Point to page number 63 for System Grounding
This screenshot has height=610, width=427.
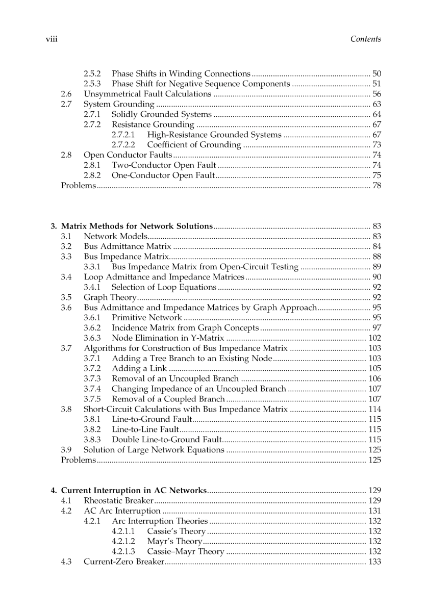pyautogui.click(x=377, y=104)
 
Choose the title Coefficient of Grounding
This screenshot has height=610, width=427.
pyautogui.click(x=194, y=145)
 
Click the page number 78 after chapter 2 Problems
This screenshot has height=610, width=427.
pyautogui.click(x=377, y=186)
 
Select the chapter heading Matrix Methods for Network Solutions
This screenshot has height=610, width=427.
pyautogui.click(x=137, y=226)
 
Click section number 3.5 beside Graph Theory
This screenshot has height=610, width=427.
pyautogui.click(x=66, y=297)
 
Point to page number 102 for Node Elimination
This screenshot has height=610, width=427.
pyautogui.click(x=375, y=338)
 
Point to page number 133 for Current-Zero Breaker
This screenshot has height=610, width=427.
pyautogui.click(x=375, y=562)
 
